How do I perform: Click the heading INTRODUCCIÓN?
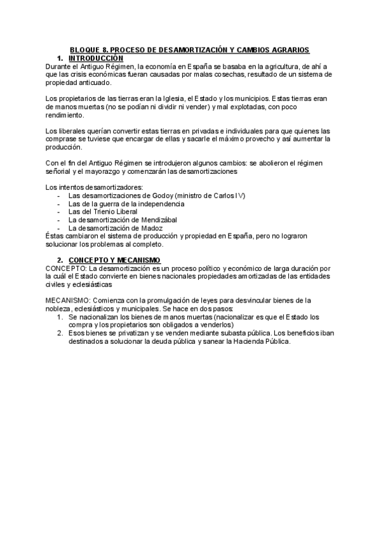[95, 57]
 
